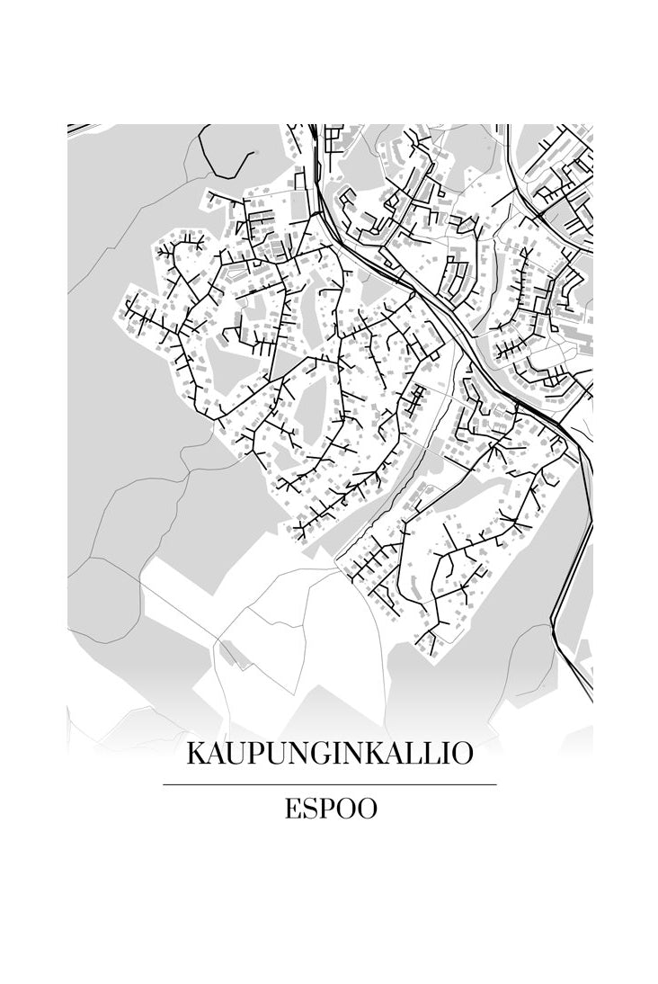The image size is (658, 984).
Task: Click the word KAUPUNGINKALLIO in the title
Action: coord(329,754)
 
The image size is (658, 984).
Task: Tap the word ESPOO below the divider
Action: coord(330,810)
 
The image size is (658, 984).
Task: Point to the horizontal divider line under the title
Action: coord(329,785)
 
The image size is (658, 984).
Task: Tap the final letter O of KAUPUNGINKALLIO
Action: coord(461,754)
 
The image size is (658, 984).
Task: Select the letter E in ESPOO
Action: coord(292,810)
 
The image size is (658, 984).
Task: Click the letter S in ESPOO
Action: coord(309,810)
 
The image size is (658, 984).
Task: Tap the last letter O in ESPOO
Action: coord(366,810)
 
